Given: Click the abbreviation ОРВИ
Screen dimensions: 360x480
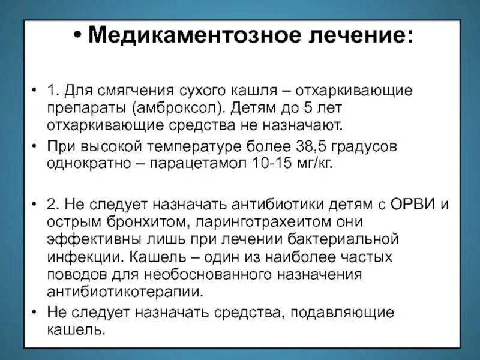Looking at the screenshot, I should pyautogui.click(x=413, y=203).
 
